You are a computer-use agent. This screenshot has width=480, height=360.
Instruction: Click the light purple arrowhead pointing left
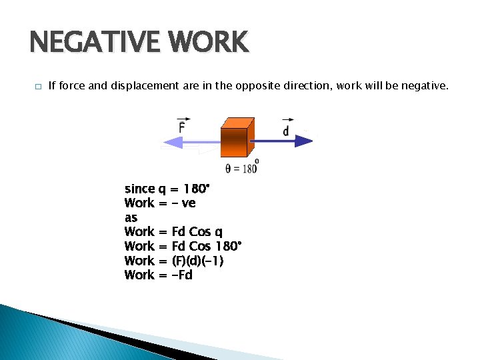(x=171, y=141)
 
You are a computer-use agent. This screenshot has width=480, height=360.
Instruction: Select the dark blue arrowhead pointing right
(x=304, y=141)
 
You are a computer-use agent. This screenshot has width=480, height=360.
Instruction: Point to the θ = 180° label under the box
(x=241, y=168)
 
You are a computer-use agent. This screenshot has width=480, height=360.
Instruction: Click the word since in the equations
(x=139, y=189)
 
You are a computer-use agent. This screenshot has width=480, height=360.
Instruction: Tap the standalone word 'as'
(x=131, y=218)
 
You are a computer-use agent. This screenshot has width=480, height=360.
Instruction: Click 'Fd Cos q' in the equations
(x=197, y=232)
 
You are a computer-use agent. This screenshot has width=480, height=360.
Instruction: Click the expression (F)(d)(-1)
(x=198, y=261)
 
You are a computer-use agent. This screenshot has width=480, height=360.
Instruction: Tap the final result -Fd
(x=182, y=275)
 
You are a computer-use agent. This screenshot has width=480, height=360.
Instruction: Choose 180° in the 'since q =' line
(x=197, y=189)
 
